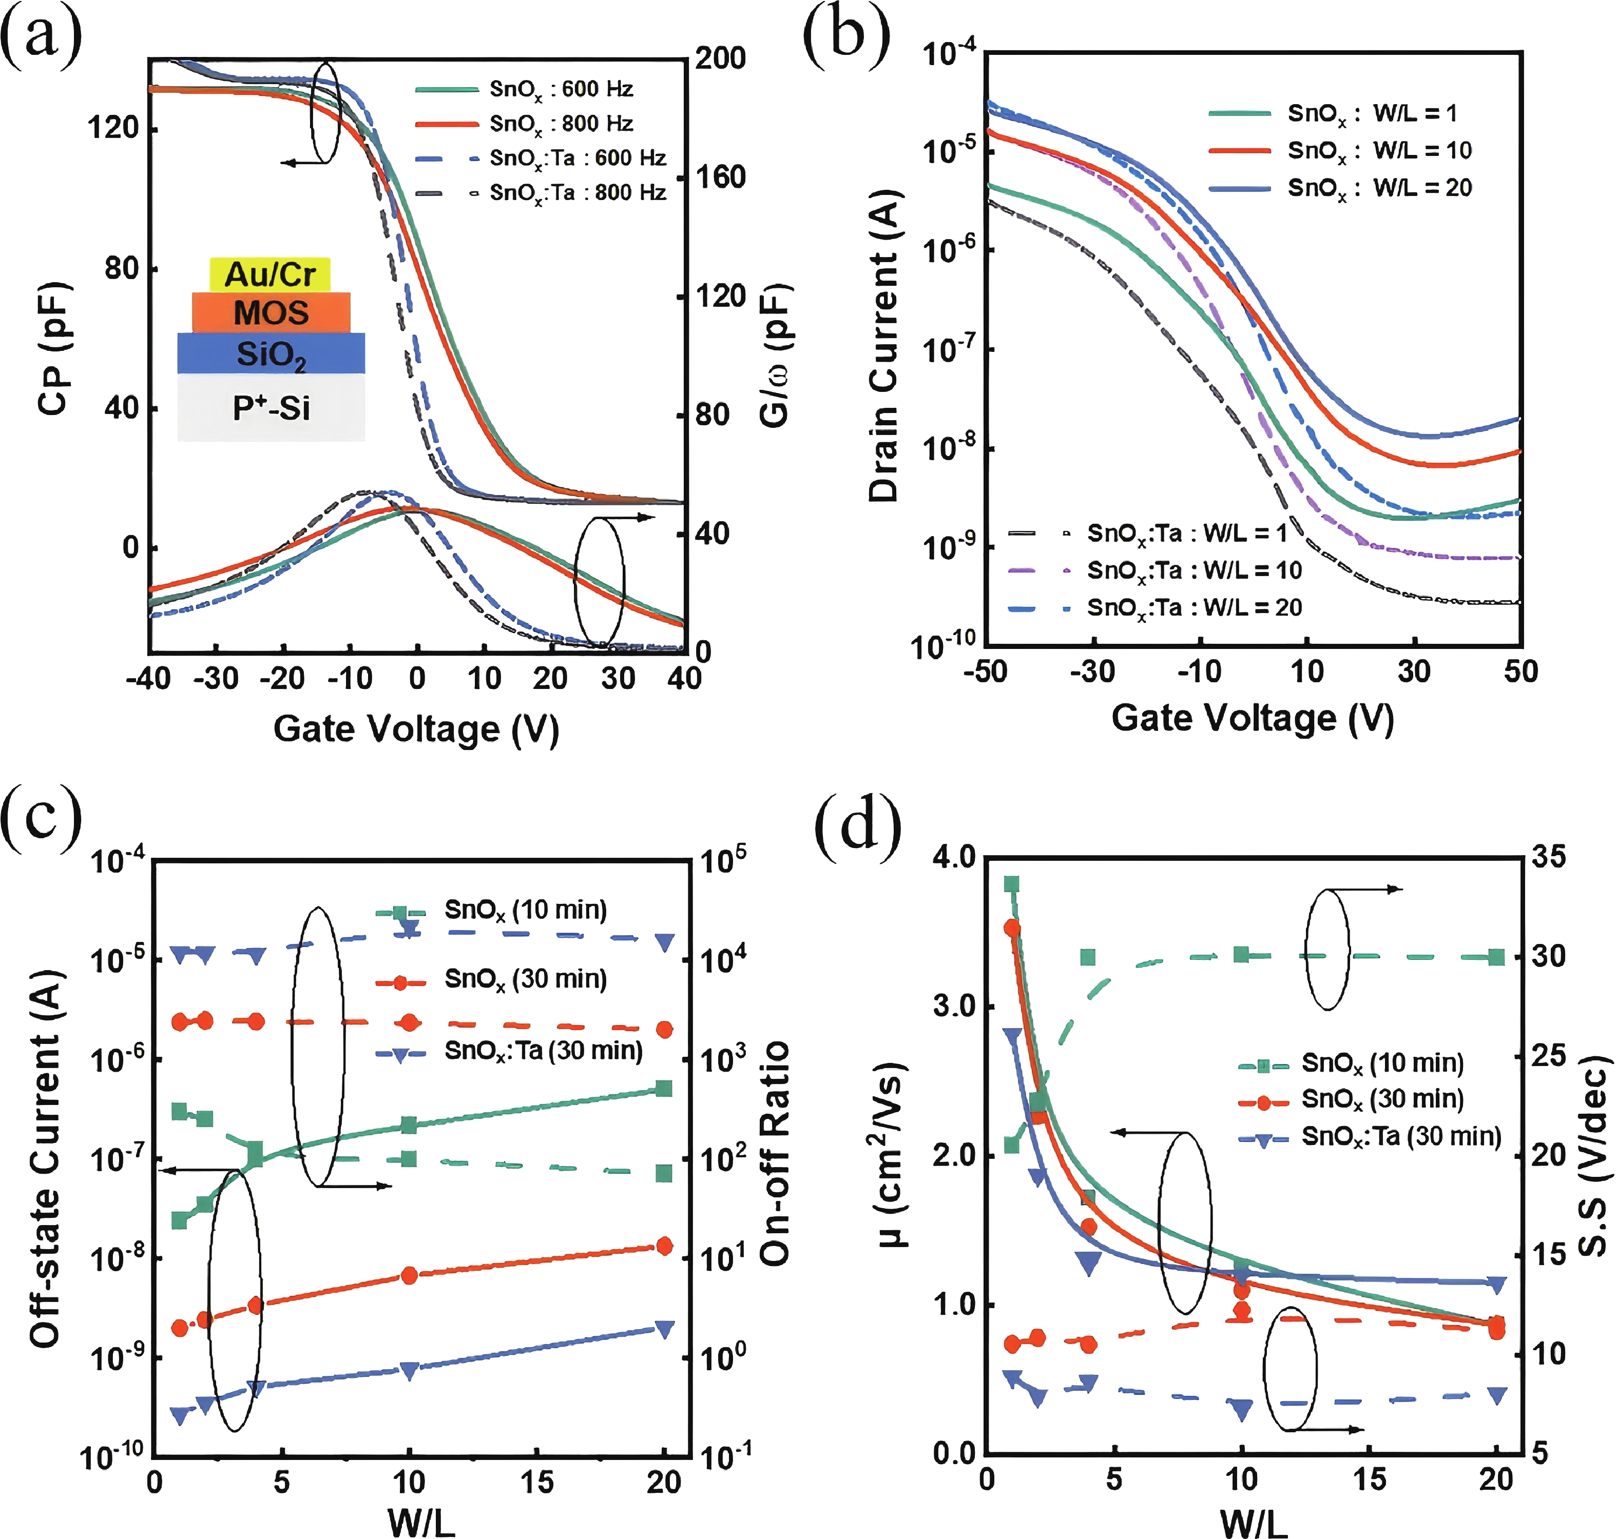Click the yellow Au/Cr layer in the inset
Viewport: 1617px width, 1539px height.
pyautogui.click(x=270, y=274)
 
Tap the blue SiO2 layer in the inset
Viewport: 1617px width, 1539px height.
pyautogui.click(x=271, y=353)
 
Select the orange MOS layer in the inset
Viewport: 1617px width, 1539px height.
pyautogui.click(x=271, y=312)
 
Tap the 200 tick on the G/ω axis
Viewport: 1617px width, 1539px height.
pyautogui.click(x=720, y=58)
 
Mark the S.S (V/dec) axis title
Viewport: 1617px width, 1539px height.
pyautogui.click(x=1594, y=1157)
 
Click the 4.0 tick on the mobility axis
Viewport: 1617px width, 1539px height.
pyautogui.click(x=954, y=857)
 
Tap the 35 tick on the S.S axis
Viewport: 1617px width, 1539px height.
pyautogui.click(x=1548, y=857)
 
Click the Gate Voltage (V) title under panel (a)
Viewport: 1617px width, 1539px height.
pyautogui.click(x=416, y=728)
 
